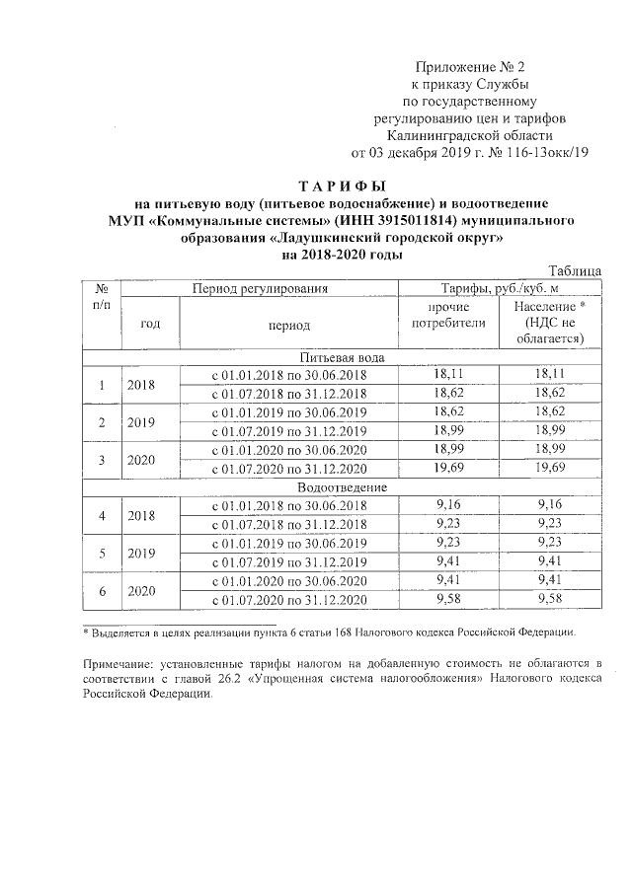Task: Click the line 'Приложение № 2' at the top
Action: (469, 67)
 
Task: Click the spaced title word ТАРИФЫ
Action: (343, 186)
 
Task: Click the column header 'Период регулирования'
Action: (260, 289)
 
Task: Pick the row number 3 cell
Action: (101, 461)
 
